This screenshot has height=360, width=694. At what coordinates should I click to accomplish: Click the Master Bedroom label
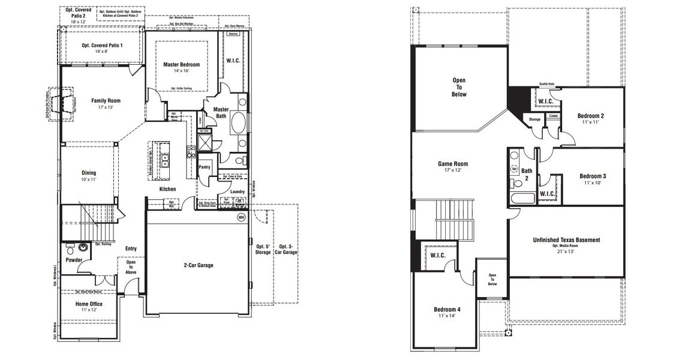click(x=181, y=64)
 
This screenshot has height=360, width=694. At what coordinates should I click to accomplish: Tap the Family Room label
click(x=106, y=101)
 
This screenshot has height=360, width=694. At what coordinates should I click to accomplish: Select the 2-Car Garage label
click(x=198, y=265)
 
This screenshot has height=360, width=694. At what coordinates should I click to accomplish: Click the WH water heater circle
click(x=241, y=217)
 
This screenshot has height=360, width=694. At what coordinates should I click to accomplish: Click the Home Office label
click(x=89, y=304)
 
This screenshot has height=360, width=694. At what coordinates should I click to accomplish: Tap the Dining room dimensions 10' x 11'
click(x=89, y=179)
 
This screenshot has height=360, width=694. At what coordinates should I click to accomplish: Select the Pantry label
click(x=205, y=167)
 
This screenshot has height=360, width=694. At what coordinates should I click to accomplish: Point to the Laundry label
click(x=237, y=191)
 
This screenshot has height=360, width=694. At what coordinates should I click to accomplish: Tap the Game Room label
click(x=453, y=163)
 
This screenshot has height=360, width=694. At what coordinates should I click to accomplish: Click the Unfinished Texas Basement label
click(x=566, y=240)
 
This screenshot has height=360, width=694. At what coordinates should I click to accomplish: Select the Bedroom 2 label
click(x=590, y=116)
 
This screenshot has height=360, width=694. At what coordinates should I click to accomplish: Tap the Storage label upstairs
click(x=534, y=119)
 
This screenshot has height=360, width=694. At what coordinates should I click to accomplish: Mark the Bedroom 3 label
click(x=592, y=176)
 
